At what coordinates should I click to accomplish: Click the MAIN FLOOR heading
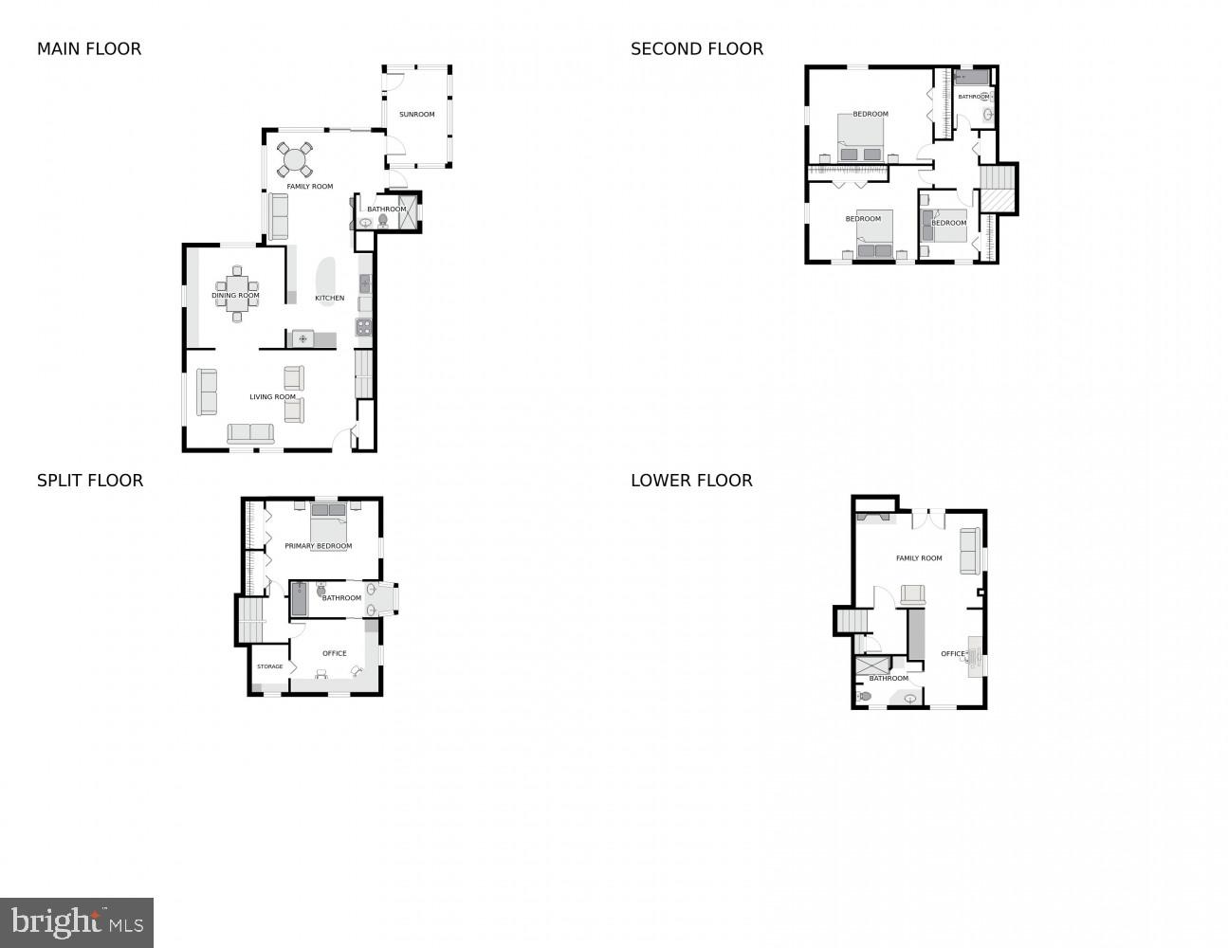(89, 49)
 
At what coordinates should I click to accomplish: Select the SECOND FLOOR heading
(696, 49)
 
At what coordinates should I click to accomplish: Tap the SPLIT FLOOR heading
(90, 481)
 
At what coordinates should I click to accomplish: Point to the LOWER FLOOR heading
(691, 481)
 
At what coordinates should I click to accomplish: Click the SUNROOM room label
(416, 115)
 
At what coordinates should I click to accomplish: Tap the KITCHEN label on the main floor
(330, 299)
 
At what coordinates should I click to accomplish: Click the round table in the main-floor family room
(295, 159)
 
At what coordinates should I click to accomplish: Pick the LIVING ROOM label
(273, 397)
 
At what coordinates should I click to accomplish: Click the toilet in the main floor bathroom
(383, 221)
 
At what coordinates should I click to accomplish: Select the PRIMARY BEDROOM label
(318, 546)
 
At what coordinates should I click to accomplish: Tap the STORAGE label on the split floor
(270, 666)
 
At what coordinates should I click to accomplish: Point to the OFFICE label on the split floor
(334, 653)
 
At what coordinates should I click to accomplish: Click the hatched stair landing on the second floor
(997, 201)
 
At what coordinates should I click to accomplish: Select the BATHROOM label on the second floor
(973, 97)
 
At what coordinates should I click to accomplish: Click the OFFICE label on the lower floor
(952, 654)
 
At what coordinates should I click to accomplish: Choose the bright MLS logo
(77, 921)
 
